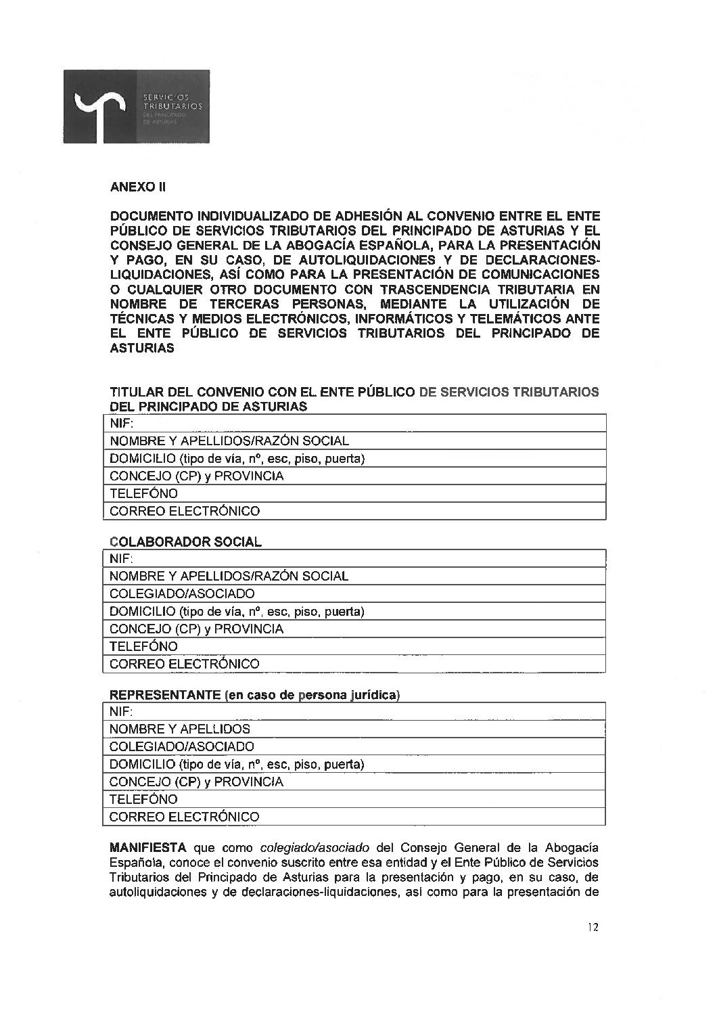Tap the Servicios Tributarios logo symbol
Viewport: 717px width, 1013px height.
click(x=101, y=108)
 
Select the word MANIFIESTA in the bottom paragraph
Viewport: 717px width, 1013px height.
click(x=149, y=848)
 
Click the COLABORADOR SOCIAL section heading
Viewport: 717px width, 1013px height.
click(x=185, y=542)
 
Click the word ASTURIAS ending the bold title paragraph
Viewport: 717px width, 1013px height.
click(x=142, y=348)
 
